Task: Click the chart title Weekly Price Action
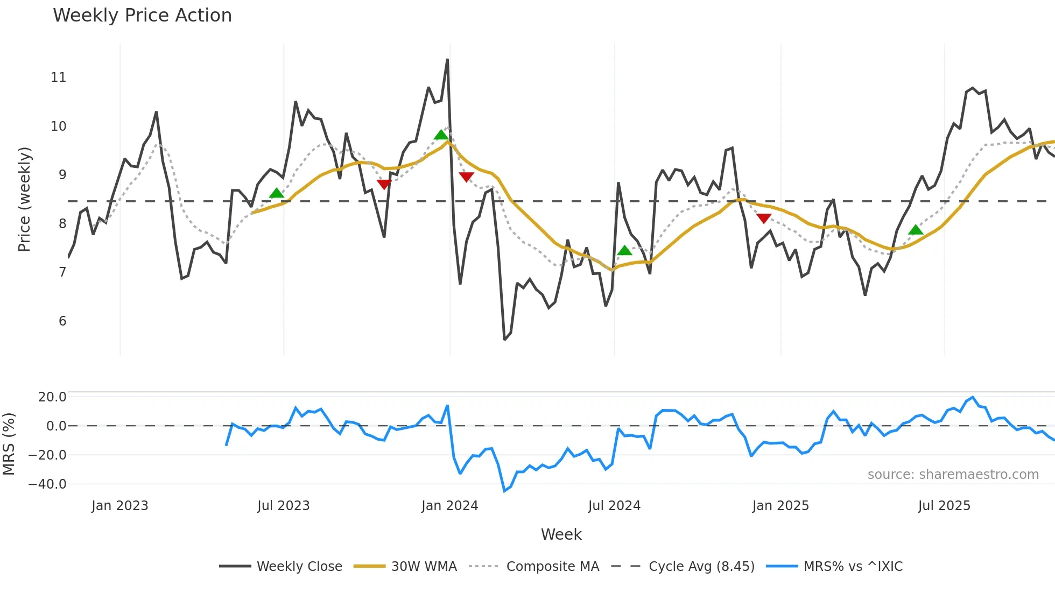142,16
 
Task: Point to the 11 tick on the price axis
59,77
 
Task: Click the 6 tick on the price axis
62,321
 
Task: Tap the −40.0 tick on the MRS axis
48,484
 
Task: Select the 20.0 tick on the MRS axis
52,397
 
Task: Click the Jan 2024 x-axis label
449,506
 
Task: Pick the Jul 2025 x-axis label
944,506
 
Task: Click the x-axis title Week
561,534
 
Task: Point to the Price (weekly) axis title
24,199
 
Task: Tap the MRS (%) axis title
9,444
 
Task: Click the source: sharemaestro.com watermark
953,475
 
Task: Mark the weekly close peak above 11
447,60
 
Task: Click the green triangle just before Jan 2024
441,135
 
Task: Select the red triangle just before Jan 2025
764,218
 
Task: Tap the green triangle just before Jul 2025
916,230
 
